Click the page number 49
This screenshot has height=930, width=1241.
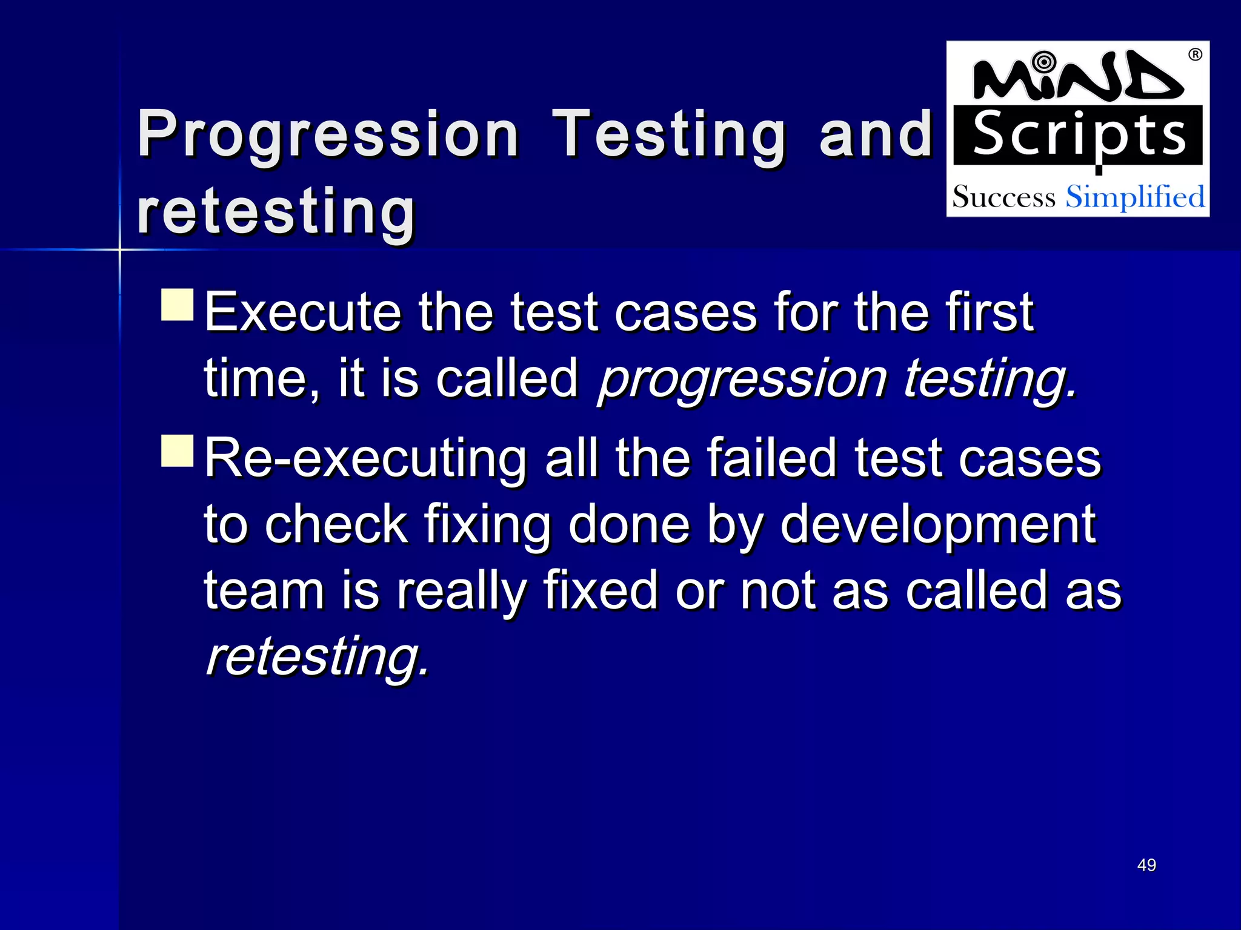click(1146, 865)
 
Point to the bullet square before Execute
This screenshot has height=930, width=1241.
click(178, 305)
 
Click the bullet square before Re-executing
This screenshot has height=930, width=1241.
click(178, 450)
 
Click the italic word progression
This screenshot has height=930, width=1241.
click(742, 380)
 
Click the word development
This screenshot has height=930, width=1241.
click(938, 524)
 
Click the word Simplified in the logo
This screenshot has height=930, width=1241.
click(1135, 197)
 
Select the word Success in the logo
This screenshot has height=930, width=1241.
click(1003, 197)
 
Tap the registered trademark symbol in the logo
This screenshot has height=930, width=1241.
click(1195, 55)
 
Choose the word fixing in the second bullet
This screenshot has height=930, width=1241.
click(487, 524)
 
